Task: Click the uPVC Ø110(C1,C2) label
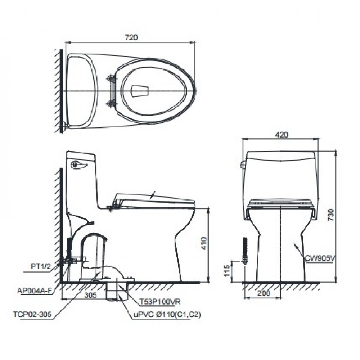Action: (x=167, y=314)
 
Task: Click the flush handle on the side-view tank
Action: (x=79, y=165)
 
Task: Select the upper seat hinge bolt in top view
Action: (x=110, y=78)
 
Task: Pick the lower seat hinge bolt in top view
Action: (x=110, y=104)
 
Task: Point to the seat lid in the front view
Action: (x=281, y=202)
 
